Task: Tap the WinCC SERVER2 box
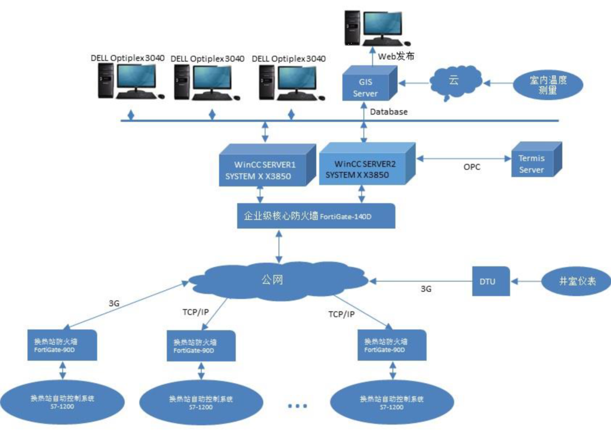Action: click(362, 169)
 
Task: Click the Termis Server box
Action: click(531, 164)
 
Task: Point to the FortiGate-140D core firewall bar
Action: click(315, 216)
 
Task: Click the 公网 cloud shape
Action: click(277, 280)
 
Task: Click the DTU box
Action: click(491, 281)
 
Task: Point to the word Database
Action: click(389, 111)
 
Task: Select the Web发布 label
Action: click(396, 55)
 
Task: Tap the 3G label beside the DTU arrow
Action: click(426, 289)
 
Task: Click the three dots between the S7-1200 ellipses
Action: click(297, 405)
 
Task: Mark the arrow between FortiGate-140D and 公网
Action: click(280, 247)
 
